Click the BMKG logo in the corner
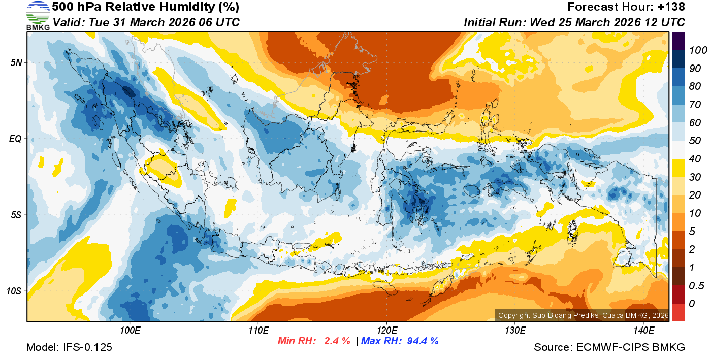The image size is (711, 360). pyautogui.click(x=38, y=16)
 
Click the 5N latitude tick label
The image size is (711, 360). pyautogui.click(x=16, y=62)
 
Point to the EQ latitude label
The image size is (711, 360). pyautogui.click(x=15, y=139)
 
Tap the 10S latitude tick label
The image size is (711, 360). pyautogui.click(x=14, y=291)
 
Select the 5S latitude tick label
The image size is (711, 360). pyautogui.click(x=16, y=215)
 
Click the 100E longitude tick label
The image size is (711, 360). pyautogui.click(x=130, y=331)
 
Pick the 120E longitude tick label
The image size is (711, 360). pyautogui.click(x=386, y=331)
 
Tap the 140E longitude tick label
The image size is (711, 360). pyautogui.click(x=643, y=331)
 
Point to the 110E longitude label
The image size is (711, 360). pyautogui.click(x=258, y=331)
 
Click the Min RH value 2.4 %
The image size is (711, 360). pyautogui.click(x=337, y=341)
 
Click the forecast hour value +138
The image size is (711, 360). pyautogui.click(x=671, y=7)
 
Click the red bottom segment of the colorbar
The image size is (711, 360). pyautogui.click(x=678, y=312)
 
